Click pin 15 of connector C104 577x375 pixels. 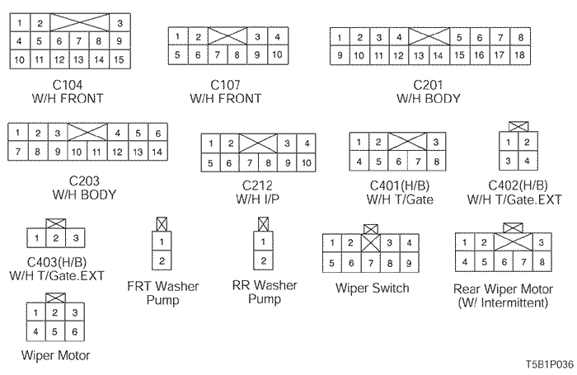coord(119,59)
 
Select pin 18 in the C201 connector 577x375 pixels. coord(519,55)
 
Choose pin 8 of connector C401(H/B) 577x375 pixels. coord(437,162)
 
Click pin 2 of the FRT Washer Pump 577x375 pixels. coord(162,261)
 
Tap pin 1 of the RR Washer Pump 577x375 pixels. coord(263,242)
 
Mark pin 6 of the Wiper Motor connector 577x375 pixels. coord(75,331)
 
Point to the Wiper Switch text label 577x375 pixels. coord(372,288)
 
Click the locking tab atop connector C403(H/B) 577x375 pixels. coord(55,223)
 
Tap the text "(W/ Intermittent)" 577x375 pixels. coord(502,302)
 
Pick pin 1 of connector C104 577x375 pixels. coord(19,22)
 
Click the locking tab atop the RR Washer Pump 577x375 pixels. coord(263,223)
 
